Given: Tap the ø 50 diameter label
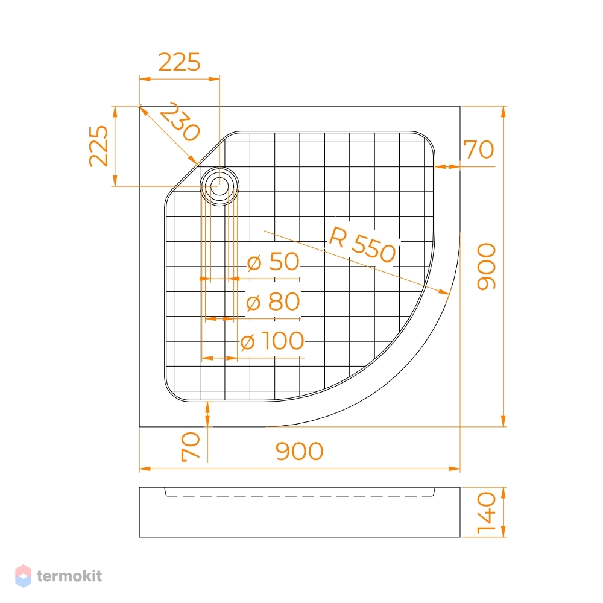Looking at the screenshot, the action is pyautogui.click(x=273, y=262).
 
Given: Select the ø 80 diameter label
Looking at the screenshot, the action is pyautogui.click(x=273, y=301).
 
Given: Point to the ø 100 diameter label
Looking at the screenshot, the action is pyautogui.click(x=273, y=341).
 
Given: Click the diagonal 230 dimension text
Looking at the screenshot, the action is pyautogui.click(x=180, y=122).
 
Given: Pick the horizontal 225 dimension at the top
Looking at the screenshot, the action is pyautogui.click(x=180, y=62).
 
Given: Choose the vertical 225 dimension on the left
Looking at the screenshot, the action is pyautogui.click(x=98, y=146).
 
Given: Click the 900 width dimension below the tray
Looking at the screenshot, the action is pyautogui.click(x=300, y=452).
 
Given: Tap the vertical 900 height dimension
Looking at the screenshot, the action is pyautogui.click(x=487, y=266).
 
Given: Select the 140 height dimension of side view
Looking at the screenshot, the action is pyautogui.click(x=487, y=513).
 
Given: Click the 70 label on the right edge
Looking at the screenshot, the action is pyautogui.click(x=479, y=149).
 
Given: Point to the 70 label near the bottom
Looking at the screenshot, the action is pyautogui.click(x=191, y=446).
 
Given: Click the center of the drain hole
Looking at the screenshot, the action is pyautogui.click(x=219, y=186).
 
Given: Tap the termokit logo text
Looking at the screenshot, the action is pyautogui.click(x=69, y=576).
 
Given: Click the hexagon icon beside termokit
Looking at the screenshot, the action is pyautogui.click(x=23, y=576).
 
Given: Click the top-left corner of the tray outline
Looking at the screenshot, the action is pyautogui.click(x=139, y=106).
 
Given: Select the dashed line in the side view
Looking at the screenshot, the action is pyautogui.click(x=300, y=496).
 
